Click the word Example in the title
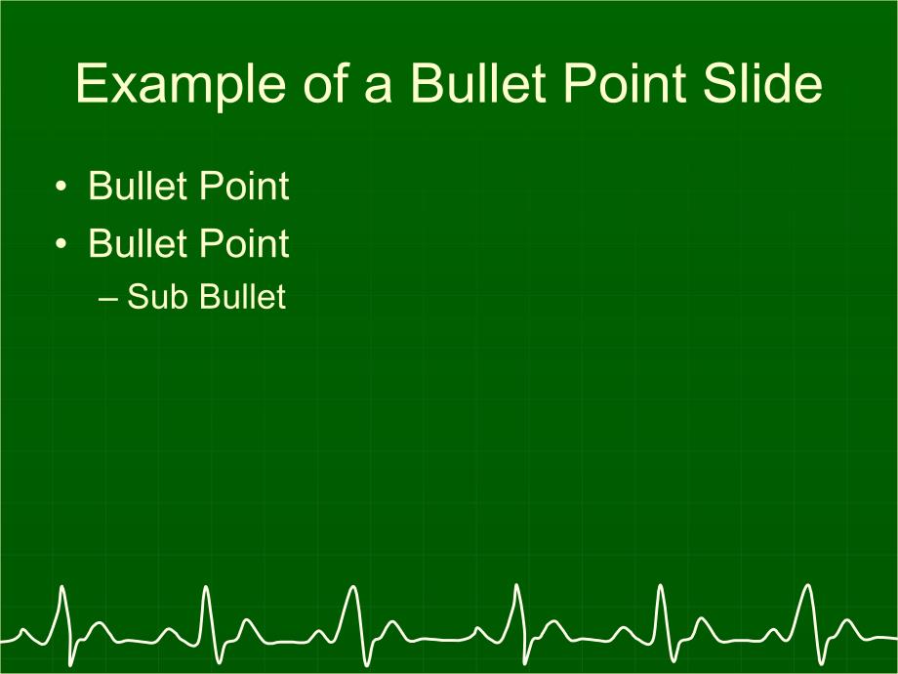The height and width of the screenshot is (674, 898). click(x=181, y=85)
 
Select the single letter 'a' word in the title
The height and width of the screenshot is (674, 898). click(x=378, y=89)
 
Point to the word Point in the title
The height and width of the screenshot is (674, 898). click(x=625, y=83)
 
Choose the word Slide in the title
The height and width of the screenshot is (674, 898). click(x=763, y=83)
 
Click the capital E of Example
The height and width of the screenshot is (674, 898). click(x=92, y=83)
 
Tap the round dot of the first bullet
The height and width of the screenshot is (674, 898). click(x=61, y=187)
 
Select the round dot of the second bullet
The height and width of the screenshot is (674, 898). click(x=61, y=243)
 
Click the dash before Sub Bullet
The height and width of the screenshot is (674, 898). click(x=108, y=299)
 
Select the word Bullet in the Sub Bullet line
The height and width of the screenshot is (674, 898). click(x=242, y=296)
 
